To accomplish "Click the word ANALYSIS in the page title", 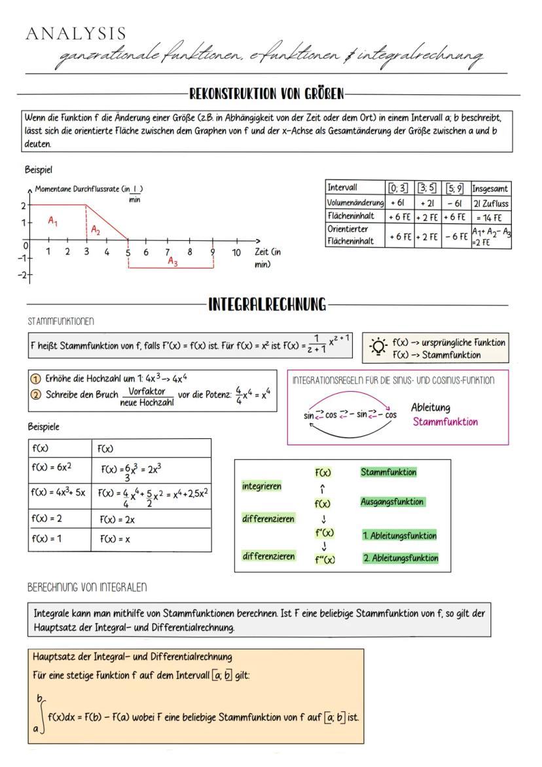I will [x=76, y=33].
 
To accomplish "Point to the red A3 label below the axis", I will [x=172, y=261].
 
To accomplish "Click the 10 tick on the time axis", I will [x=236, y=252].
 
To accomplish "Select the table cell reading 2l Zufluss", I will [x=490, y=203].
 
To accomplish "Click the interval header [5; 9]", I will [x=454, y=189].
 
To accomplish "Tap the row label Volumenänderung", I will [x=355, y=203].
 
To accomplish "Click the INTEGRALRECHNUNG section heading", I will [x=266, y=305].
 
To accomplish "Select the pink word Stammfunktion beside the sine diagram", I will [x=445, y=422].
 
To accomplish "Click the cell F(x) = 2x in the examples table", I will [x=117, y=519].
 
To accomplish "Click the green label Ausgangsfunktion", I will [x=392, y=502].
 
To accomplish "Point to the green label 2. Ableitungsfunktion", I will [x=400, y=558].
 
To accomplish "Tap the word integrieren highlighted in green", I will [x=262, y=487].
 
